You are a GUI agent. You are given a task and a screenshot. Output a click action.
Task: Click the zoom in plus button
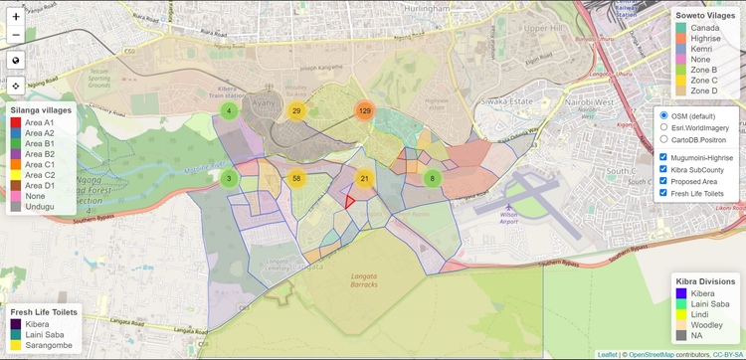point(16,17)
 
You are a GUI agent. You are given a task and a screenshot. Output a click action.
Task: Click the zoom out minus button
point(16,36)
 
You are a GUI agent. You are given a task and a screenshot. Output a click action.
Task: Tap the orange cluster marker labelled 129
point(364,110)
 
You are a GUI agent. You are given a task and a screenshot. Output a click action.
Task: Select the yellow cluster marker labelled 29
point(296,110)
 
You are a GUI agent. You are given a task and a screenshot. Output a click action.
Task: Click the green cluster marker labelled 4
point(229,110)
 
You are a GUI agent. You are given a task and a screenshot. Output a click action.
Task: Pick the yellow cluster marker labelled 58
point(296,178)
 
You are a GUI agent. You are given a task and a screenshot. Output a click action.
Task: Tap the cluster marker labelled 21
point(364,178)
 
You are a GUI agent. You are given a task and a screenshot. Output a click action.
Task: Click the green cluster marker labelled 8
point(432,178)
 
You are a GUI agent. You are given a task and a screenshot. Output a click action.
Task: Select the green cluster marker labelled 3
point(229,178)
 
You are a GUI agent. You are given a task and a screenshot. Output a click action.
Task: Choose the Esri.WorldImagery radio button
point(663,127)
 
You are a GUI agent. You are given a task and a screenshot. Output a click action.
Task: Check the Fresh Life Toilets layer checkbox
point(663,193)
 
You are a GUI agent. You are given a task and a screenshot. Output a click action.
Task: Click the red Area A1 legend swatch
point(15,121)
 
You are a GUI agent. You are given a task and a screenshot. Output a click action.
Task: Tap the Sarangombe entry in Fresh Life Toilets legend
point(16,347)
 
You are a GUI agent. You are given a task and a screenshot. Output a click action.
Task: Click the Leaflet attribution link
point(608,354)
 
